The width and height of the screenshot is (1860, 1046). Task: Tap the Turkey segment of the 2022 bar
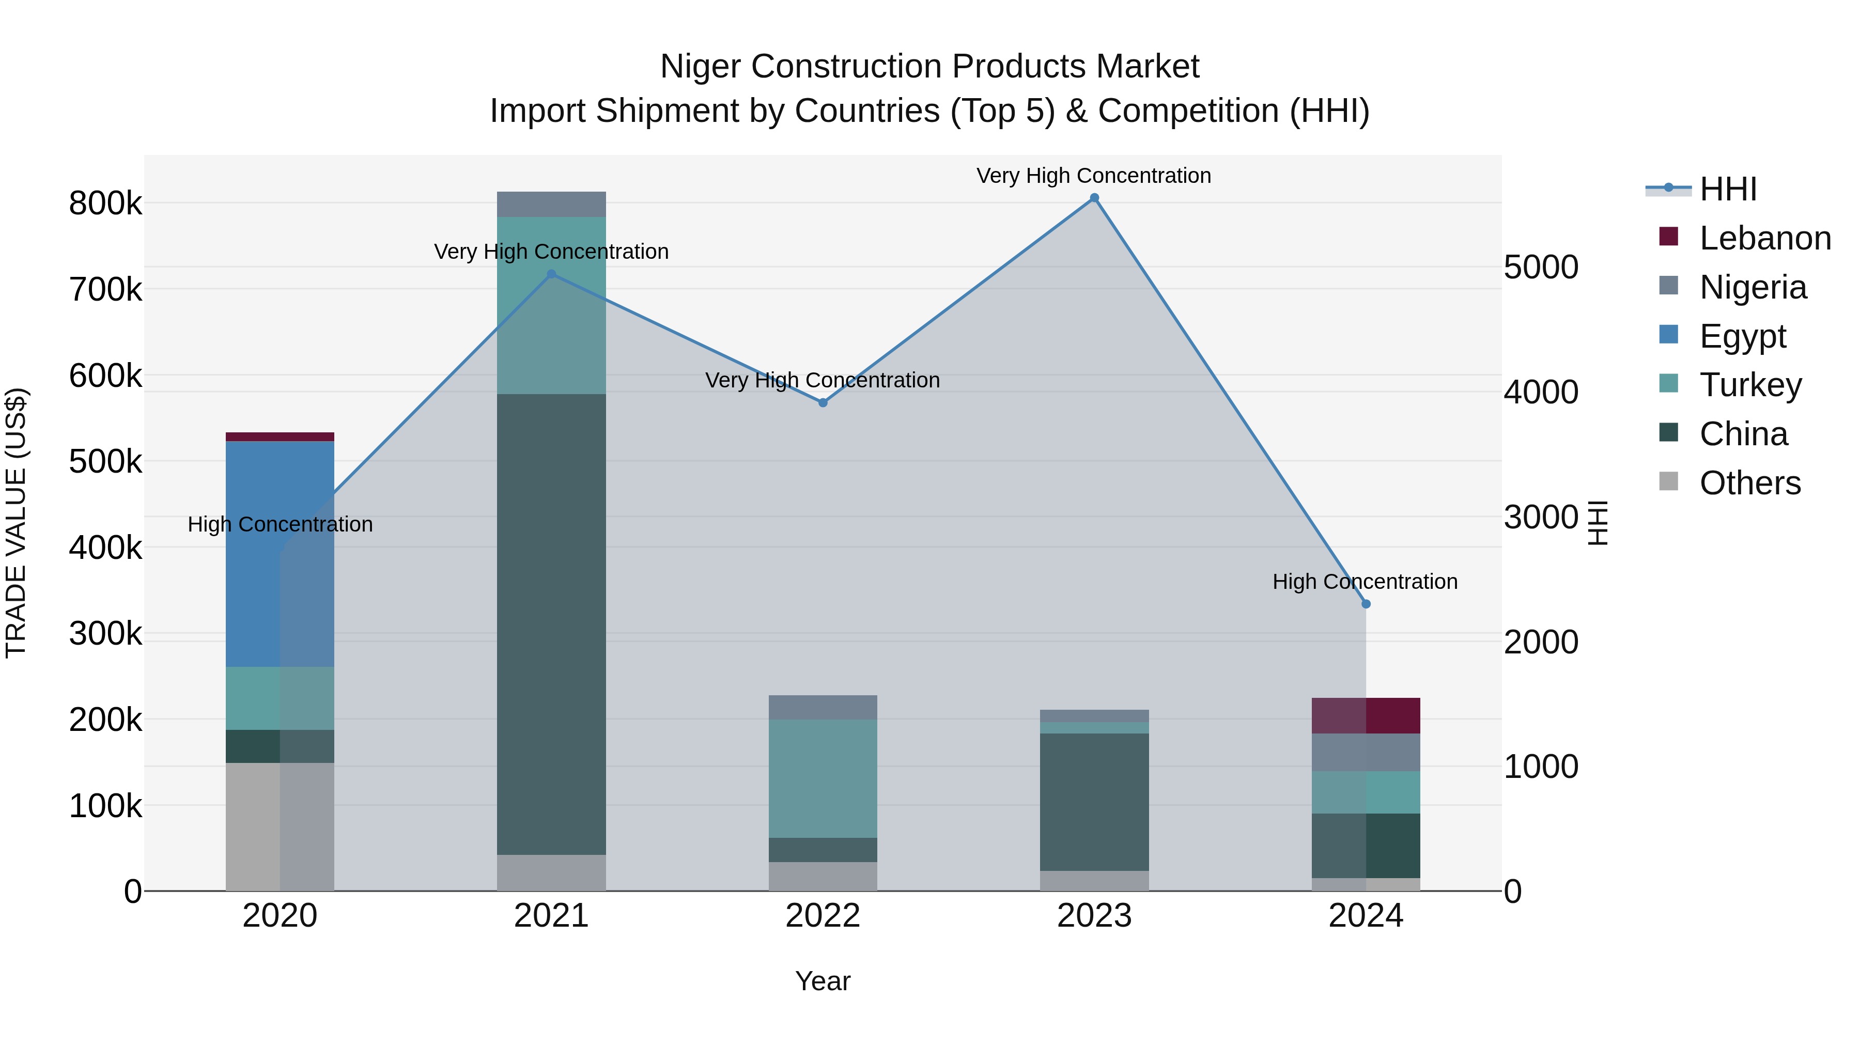(823, 778)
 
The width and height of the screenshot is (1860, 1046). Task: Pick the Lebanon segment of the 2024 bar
(1366, 715)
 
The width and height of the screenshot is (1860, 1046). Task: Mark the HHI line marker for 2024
(1366, 604)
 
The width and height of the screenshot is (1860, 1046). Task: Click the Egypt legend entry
(1742, 336)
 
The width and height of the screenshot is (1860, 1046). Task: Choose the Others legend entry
(1749, 483)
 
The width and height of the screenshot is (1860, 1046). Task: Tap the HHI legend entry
(1727, 189)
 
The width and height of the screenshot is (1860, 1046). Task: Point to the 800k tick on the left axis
(105, 204)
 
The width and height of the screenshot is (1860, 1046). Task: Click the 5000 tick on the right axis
(1541, 267)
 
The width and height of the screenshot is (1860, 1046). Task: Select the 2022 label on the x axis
(823, 916)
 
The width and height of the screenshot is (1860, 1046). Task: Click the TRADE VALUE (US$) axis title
(17, 523)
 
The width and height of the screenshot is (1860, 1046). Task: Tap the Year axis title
(823, 981)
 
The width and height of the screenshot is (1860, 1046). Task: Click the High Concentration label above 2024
(1365, 581)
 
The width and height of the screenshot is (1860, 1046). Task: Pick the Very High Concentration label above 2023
(1093, 176)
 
